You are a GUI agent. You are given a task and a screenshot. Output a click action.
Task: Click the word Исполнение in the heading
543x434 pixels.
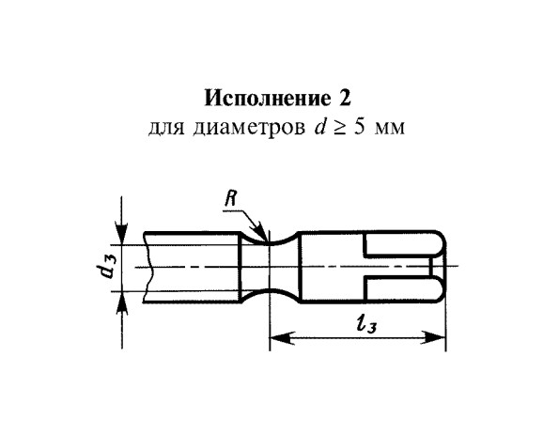pos(267,99)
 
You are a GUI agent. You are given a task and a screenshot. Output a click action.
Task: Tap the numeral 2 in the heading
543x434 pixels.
pos(345,98)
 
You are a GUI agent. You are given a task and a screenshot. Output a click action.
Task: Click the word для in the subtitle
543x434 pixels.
pos(166,129)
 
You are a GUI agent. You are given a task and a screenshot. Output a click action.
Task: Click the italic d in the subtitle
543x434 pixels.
pos(320,127)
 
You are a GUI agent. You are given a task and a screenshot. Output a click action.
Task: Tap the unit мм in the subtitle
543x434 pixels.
pos(390,130)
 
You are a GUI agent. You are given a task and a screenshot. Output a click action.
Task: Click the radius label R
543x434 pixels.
pos(231,199)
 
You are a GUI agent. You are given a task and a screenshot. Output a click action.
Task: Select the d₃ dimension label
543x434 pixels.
pos(105,268)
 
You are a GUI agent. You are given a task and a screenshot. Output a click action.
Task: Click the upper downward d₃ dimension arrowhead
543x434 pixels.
pos(121,235)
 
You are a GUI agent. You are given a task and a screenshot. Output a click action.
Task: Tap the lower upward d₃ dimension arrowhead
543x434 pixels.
pos(121,302)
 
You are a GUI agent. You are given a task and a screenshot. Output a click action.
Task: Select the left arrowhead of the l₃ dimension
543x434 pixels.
pos(282,336)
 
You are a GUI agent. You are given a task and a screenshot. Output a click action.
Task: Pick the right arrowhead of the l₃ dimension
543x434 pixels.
pos(432,336)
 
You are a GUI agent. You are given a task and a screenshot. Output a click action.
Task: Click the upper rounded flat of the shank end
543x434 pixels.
pos(403,244)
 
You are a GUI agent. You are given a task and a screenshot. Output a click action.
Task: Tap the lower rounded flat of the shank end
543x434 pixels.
pos(403,290)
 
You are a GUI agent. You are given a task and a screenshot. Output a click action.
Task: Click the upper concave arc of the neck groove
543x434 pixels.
pos(269,241)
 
